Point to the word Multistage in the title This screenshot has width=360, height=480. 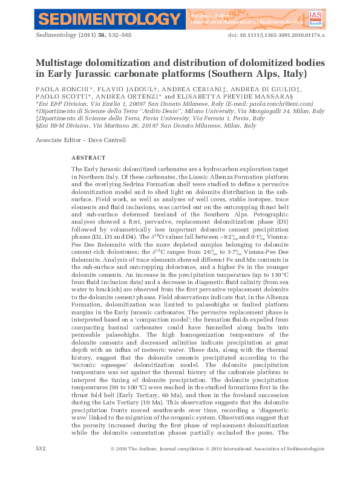tap(63, 62)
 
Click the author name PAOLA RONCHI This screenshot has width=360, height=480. tap(60, 88)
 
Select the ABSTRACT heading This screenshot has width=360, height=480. tap(88, 158)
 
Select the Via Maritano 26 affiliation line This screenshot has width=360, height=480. tap(142, 126)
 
